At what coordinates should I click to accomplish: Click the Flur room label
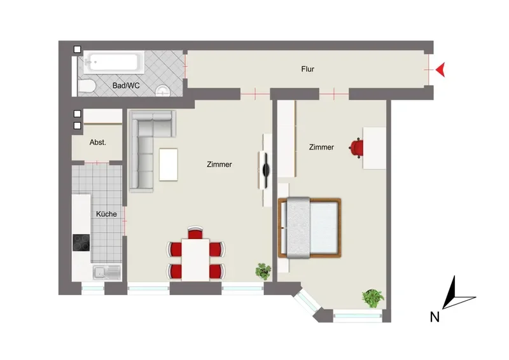click(x=307, y=69)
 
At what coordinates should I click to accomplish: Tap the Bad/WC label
click(x=126, y=86)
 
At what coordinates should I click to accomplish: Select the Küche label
click(x=106, y=214)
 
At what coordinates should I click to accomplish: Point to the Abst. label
click(x=98, y=142)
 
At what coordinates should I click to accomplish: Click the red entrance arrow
click(x=441, y=70)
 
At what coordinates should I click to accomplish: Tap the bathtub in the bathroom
click(x=114, y=62)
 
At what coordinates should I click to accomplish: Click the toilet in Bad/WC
click(x=87, y=87)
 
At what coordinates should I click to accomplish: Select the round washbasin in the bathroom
click(x=163, y=91)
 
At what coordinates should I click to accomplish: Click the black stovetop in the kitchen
click(x=81, y=242)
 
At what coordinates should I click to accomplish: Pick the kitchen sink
click(x=107, y=272)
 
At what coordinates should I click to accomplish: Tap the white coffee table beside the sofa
click(x=169, y=165)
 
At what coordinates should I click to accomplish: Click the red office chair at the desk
click(x=356, y=148)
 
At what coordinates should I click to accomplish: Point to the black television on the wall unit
click(x=266, y=169)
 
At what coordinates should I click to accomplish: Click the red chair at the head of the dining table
click(x=195, y=232)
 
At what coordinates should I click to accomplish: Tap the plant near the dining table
click(x=263, y=272)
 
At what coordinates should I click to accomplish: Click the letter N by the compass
click(x=435, y=317)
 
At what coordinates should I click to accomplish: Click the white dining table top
click(x=195, y=260)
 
